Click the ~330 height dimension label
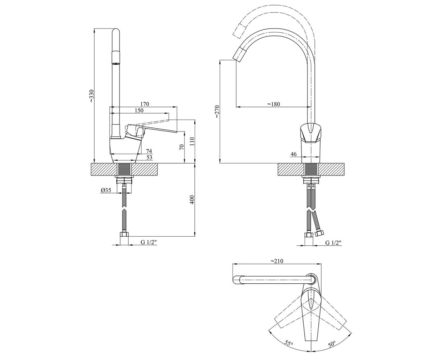point(92,96)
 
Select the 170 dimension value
point(145,104)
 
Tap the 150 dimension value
point(139,110)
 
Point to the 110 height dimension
point(192,141)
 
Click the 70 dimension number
point(182,147)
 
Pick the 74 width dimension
point(149,151)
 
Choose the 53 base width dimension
point(149,157)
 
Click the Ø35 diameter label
point(106,190)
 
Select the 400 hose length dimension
point(192,200)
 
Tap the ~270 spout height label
point(217,112)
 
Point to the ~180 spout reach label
point(273,104)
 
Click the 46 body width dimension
point(293,154)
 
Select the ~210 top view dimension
point(277,261)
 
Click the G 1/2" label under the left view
point(149,242)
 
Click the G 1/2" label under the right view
point(334,243)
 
